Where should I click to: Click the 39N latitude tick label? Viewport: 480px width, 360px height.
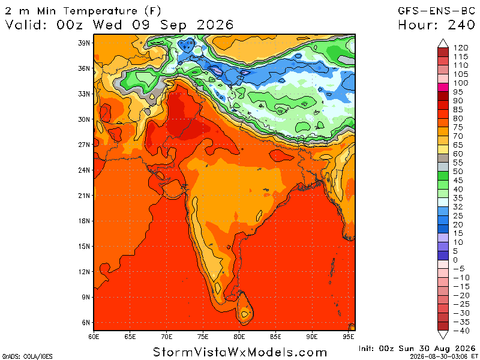click(84, 43)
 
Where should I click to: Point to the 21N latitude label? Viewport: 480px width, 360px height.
click(84, 196)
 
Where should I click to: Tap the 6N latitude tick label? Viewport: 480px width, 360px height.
click(86, 322)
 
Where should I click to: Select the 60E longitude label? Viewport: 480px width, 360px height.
click(94, 337)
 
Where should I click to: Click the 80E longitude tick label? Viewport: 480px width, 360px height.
click(239, 337)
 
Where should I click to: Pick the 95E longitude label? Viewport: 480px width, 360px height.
click(349, 337)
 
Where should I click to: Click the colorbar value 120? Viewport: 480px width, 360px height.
click(461, 48)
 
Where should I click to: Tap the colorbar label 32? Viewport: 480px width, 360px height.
click(458, 207)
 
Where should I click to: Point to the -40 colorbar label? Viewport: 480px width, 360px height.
click(461, 331)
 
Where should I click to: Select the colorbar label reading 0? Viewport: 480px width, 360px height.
click(455, 260)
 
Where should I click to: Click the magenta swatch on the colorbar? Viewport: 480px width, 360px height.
click(443, 87)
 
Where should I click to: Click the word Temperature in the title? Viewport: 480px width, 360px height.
click(100, 11)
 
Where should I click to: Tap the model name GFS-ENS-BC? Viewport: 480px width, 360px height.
click(437, 11)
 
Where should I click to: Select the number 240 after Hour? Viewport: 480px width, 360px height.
click(461, 25)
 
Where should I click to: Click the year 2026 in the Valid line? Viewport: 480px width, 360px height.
click(215, 25)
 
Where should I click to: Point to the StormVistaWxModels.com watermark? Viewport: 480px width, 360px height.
click(240, 352)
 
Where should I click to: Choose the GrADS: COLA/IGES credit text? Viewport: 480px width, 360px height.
click(27, 356)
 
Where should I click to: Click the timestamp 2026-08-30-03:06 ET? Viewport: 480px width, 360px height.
click(442, 356)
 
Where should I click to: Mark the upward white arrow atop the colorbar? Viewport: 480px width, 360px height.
click(443, 43)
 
